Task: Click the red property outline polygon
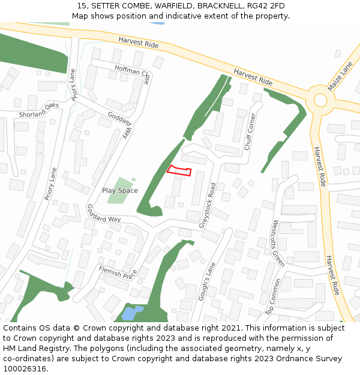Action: click(179, 170)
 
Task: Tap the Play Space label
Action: click(120, 191)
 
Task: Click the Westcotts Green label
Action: click(278, 243)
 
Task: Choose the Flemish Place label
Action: click(118, 274)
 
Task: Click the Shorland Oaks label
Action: click(39, 110)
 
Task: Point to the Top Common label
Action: click(274, 296)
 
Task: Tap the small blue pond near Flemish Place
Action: click(132, 313)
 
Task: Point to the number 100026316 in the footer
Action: click(23, 368)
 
